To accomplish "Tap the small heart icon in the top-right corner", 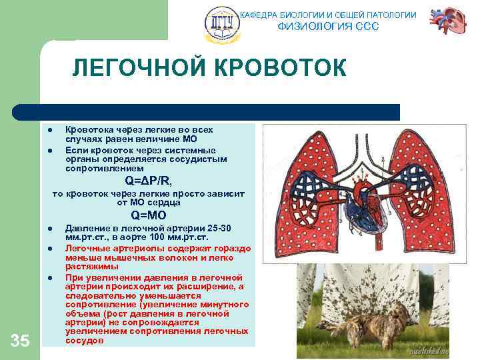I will (x=448, y=21).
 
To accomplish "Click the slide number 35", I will (x=20, y=341).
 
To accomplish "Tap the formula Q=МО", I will (x=148, y=215).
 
